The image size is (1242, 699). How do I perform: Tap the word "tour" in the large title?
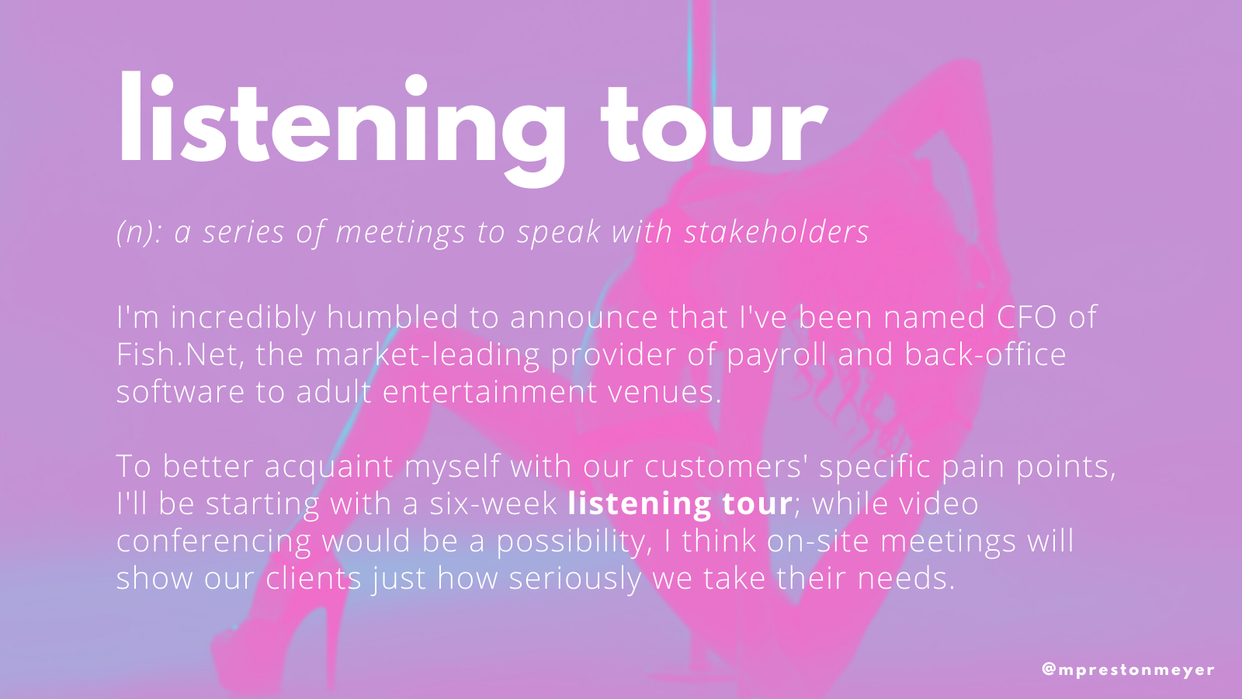click(x=714, y=125)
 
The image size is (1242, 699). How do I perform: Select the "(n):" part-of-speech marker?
click(x=139, y=232)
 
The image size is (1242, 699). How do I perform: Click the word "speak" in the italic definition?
click(x=559, y=232)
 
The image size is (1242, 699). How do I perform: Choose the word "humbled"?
click(x=392, y=317)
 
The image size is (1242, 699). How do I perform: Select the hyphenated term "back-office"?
click(x=985, y=354)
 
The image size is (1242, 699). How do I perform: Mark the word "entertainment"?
click(x=489, y=391)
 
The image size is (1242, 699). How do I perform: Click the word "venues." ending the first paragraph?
click(x=664, y=392)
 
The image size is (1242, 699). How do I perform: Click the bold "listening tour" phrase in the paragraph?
click(x=680, y=504)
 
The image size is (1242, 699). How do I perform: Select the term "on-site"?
click(x=818, y=541)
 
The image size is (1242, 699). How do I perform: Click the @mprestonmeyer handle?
click(x=1129, y=669)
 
